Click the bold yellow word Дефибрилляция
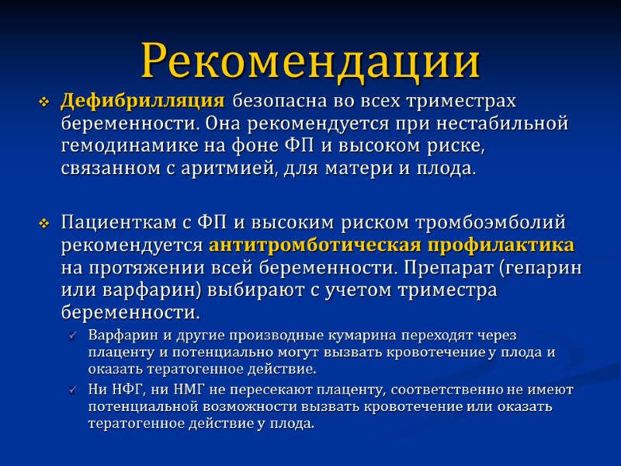tap(143, 101)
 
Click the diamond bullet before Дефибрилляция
tap(44, 103)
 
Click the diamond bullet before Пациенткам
tap(44, 224)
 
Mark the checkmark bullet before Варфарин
tap(73, 336)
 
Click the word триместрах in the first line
tap(466, 101)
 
